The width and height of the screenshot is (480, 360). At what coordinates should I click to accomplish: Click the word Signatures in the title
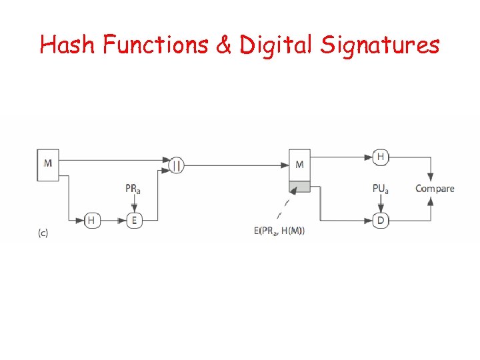click(380, 45)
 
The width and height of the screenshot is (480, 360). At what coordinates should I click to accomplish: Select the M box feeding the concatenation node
click(48, 164)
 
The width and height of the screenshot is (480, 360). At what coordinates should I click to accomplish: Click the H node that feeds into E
click(91, 220)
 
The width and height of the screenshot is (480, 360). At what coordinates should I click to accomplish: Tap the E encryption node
click(134, 220)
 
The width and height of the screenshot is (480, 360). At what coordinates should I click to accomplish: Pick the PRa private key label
click(133, 189)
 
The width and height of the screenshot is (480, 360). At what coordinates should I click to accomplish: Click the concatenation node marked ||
click(175, 165)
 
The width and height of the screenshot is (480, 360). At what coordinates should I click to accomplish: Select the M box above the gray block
click(299, 165)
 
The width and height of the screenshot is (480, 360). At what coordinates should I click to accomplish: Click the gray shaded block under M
click(299, 187)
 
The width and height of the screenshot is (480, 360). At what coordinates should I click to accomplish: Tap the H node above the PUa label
click(380, 157)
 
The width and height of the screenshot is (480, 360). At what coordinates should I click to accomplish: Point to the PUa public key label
click(380, 189)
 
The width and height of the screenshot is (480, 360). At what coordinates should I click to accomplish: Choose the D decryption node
click(380, 220)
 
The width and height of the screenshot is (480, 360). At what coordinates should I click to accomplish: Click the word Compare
click(435, 189)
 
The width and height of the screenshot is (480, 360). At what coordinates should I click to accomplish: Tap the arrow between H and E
click(113, 220)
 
